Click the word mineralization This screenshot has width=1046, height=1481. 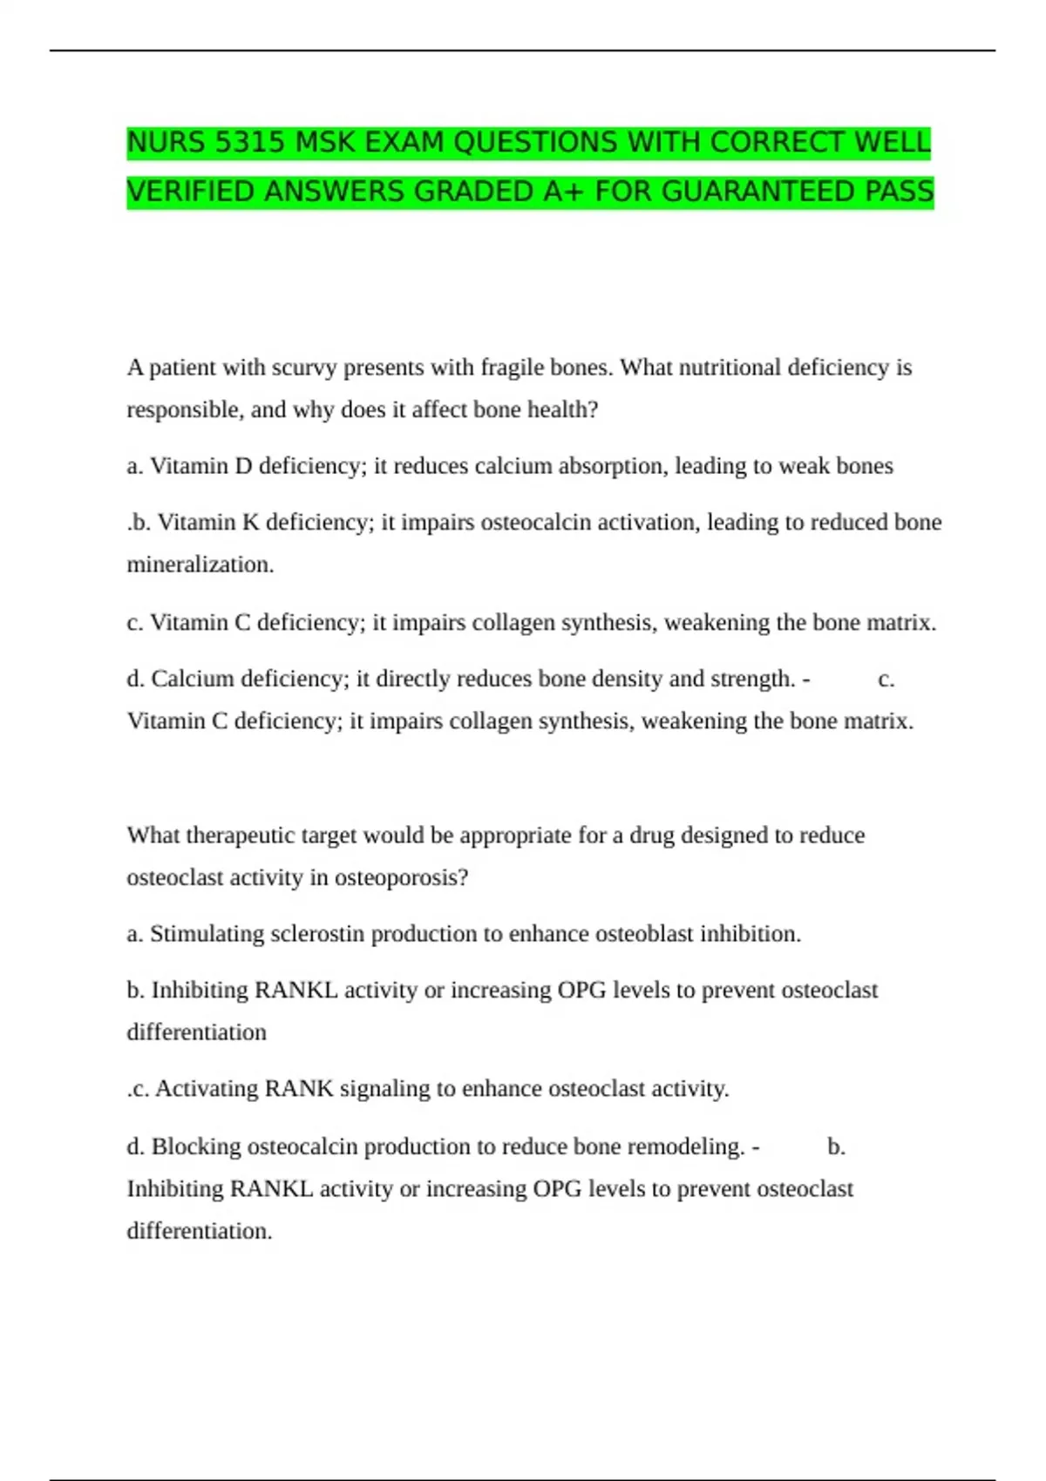click(200, 565)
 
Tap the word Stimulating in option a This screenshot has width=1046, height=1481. click(207, 934)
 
